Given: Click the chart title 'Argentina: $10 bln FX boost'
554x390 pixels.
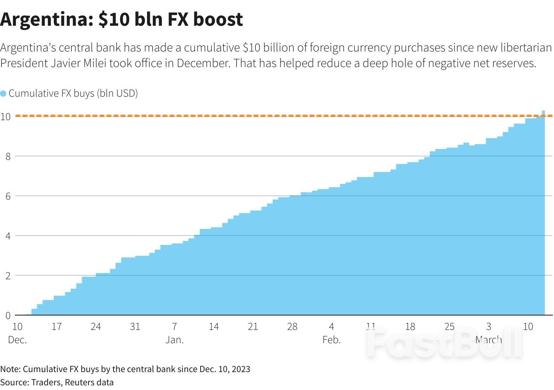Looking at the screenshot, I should coord(121,19).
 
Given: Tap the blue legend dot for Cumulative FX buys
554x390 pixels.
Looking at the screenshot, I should coord(4,94).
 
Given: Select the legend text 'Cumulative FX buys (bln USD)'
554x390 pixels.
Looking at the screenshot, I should coord(73,94).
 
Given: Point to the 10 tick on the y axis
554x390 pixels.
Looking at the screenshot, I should coord(5,116).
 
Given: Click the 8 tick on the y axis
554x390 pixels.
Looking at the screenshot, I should coord(7,156).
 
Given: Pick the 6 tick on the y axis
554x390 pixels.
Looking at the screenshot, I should coord(7,196).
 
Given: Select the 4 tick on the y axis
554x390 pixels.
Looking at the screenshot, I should coord(7,236).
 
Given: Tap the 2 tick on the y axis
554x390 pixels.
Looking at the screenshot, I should coord(7,276).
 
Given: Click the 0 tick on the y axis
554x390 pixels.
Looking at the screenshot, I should coord(7,316).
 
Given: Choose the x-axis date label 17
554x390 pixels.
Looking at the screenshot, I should coord(57,326).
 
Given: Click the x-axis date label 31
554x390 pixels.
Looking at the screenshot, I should coord(135,326).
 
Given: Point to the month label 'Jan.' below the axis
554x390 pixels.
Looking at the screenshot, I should coord(174,340).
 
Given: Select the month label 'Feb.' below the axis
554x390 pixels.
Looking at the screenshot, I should coord(332,340).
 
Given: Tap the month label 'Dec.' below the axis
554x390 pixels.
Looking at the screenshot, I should coord(17,340).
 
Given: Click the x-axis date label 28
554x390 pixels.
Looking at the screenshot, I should coord(292,326).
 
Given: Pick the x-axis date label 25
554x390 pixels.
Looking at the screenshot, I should coord(449,326).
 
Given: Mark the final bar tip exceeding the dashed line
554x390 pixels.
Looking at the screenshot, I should coord(543,112).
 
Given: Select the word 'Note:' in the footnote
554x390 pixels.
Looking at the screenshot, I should coord(10,369).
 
